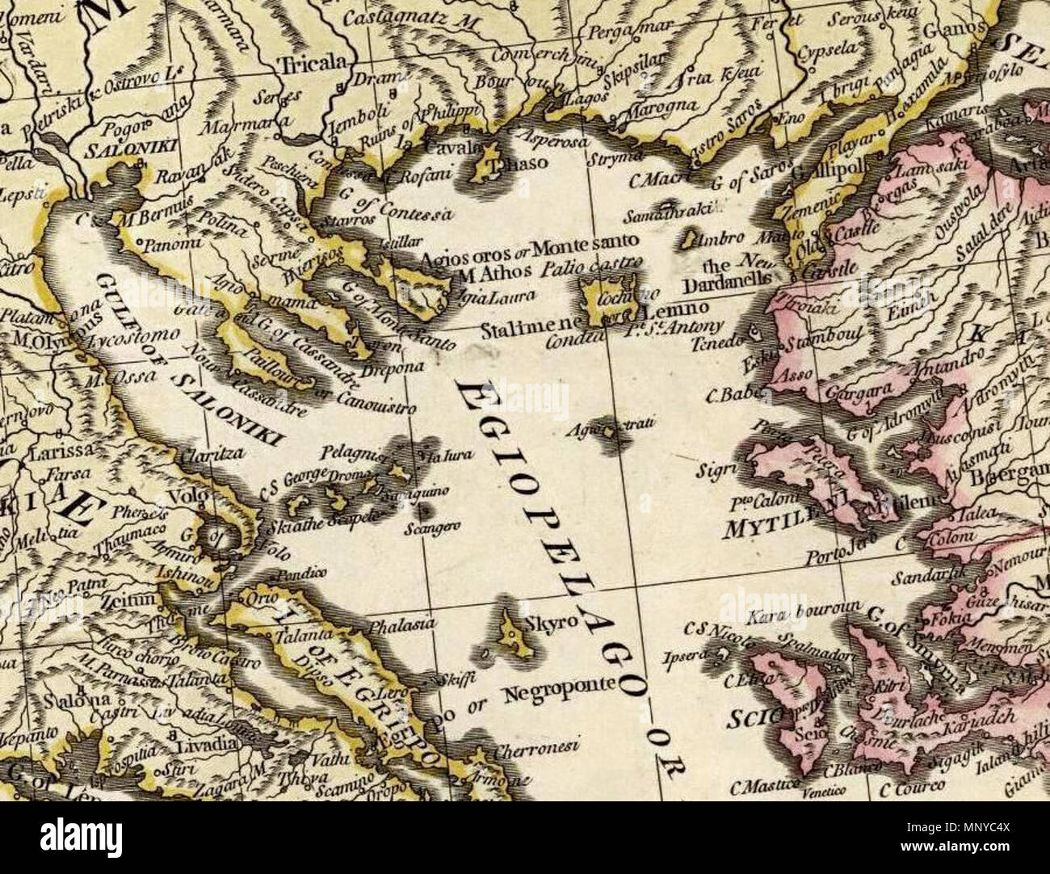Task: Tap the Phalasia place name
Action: pyautogui.click(x=401, y=624)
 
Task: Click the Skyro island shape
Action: pyautogui.click(x=510, y=632)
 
